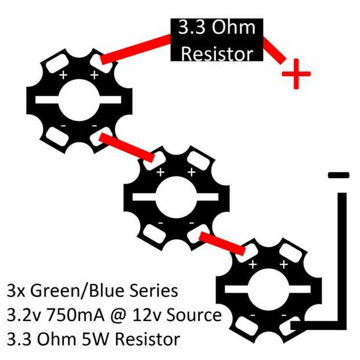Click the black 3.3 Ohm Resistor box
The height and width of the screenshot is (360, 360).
(x=217, y=41)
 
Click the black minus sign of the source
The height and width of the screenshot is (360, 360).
(x=339, y=175)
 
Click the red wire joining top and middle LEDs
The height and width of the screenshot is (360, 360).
(x=127, y=147)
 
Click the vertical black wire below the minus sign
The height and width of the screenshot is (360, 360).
(x=342, y=255)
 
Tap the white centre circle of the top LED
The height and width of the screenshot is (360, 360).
(x=80, y=100)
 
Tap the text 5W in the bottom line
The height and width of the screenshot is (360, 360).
(x=99, y=339)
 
